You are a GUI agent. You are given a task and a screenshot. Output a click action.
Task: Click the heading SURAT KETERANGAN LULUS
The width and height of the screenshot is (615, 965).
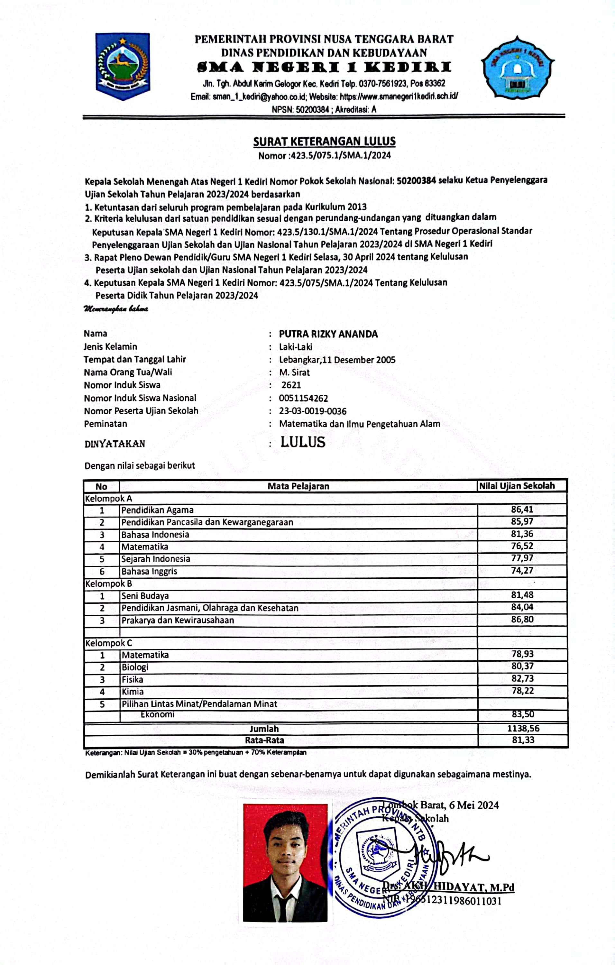tap(324, 142)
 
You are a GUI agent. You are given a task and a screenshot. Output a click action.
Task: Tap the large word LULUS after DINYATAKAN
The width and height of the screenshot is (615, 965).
tap(302, 442)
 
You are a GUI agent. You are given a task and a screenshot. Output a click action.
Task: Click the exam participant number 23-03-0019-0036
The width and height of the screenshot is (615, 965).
tap(313, 411)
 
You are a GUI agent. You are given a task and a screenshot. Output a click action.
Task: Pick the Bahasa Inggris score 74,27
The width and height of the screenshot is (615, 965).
tap(522, 570)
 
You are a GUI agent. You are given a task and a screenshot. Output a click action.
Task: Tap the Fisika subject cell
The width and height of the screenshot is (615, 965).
tap(133, 679)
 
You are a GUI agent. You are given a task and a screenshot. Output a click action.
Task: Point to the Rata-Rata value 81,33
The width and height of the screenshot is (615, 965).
tap(523, 740)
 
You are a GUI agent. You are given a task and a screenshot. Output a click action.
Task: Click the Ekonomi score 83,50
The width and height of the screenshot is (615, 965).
tap(523, 714)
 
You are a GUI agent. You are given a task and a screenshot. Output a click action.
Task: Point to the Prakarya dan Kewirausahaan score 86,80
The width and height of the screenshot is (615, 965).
tap(522, 619)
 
